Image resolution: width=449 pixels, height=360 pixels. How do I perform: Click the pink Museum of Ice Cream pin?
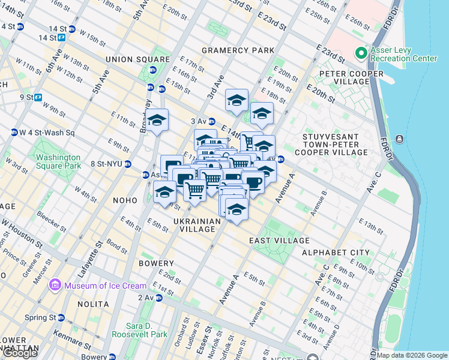55,285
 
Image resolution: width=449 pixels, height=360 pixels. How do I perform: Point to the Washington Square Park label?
58,161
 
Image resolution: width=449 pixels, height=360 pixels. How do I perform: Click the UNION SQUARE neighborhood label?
137,59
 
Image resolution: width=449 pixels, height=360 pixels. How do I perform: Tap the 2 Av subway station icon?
159,298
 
